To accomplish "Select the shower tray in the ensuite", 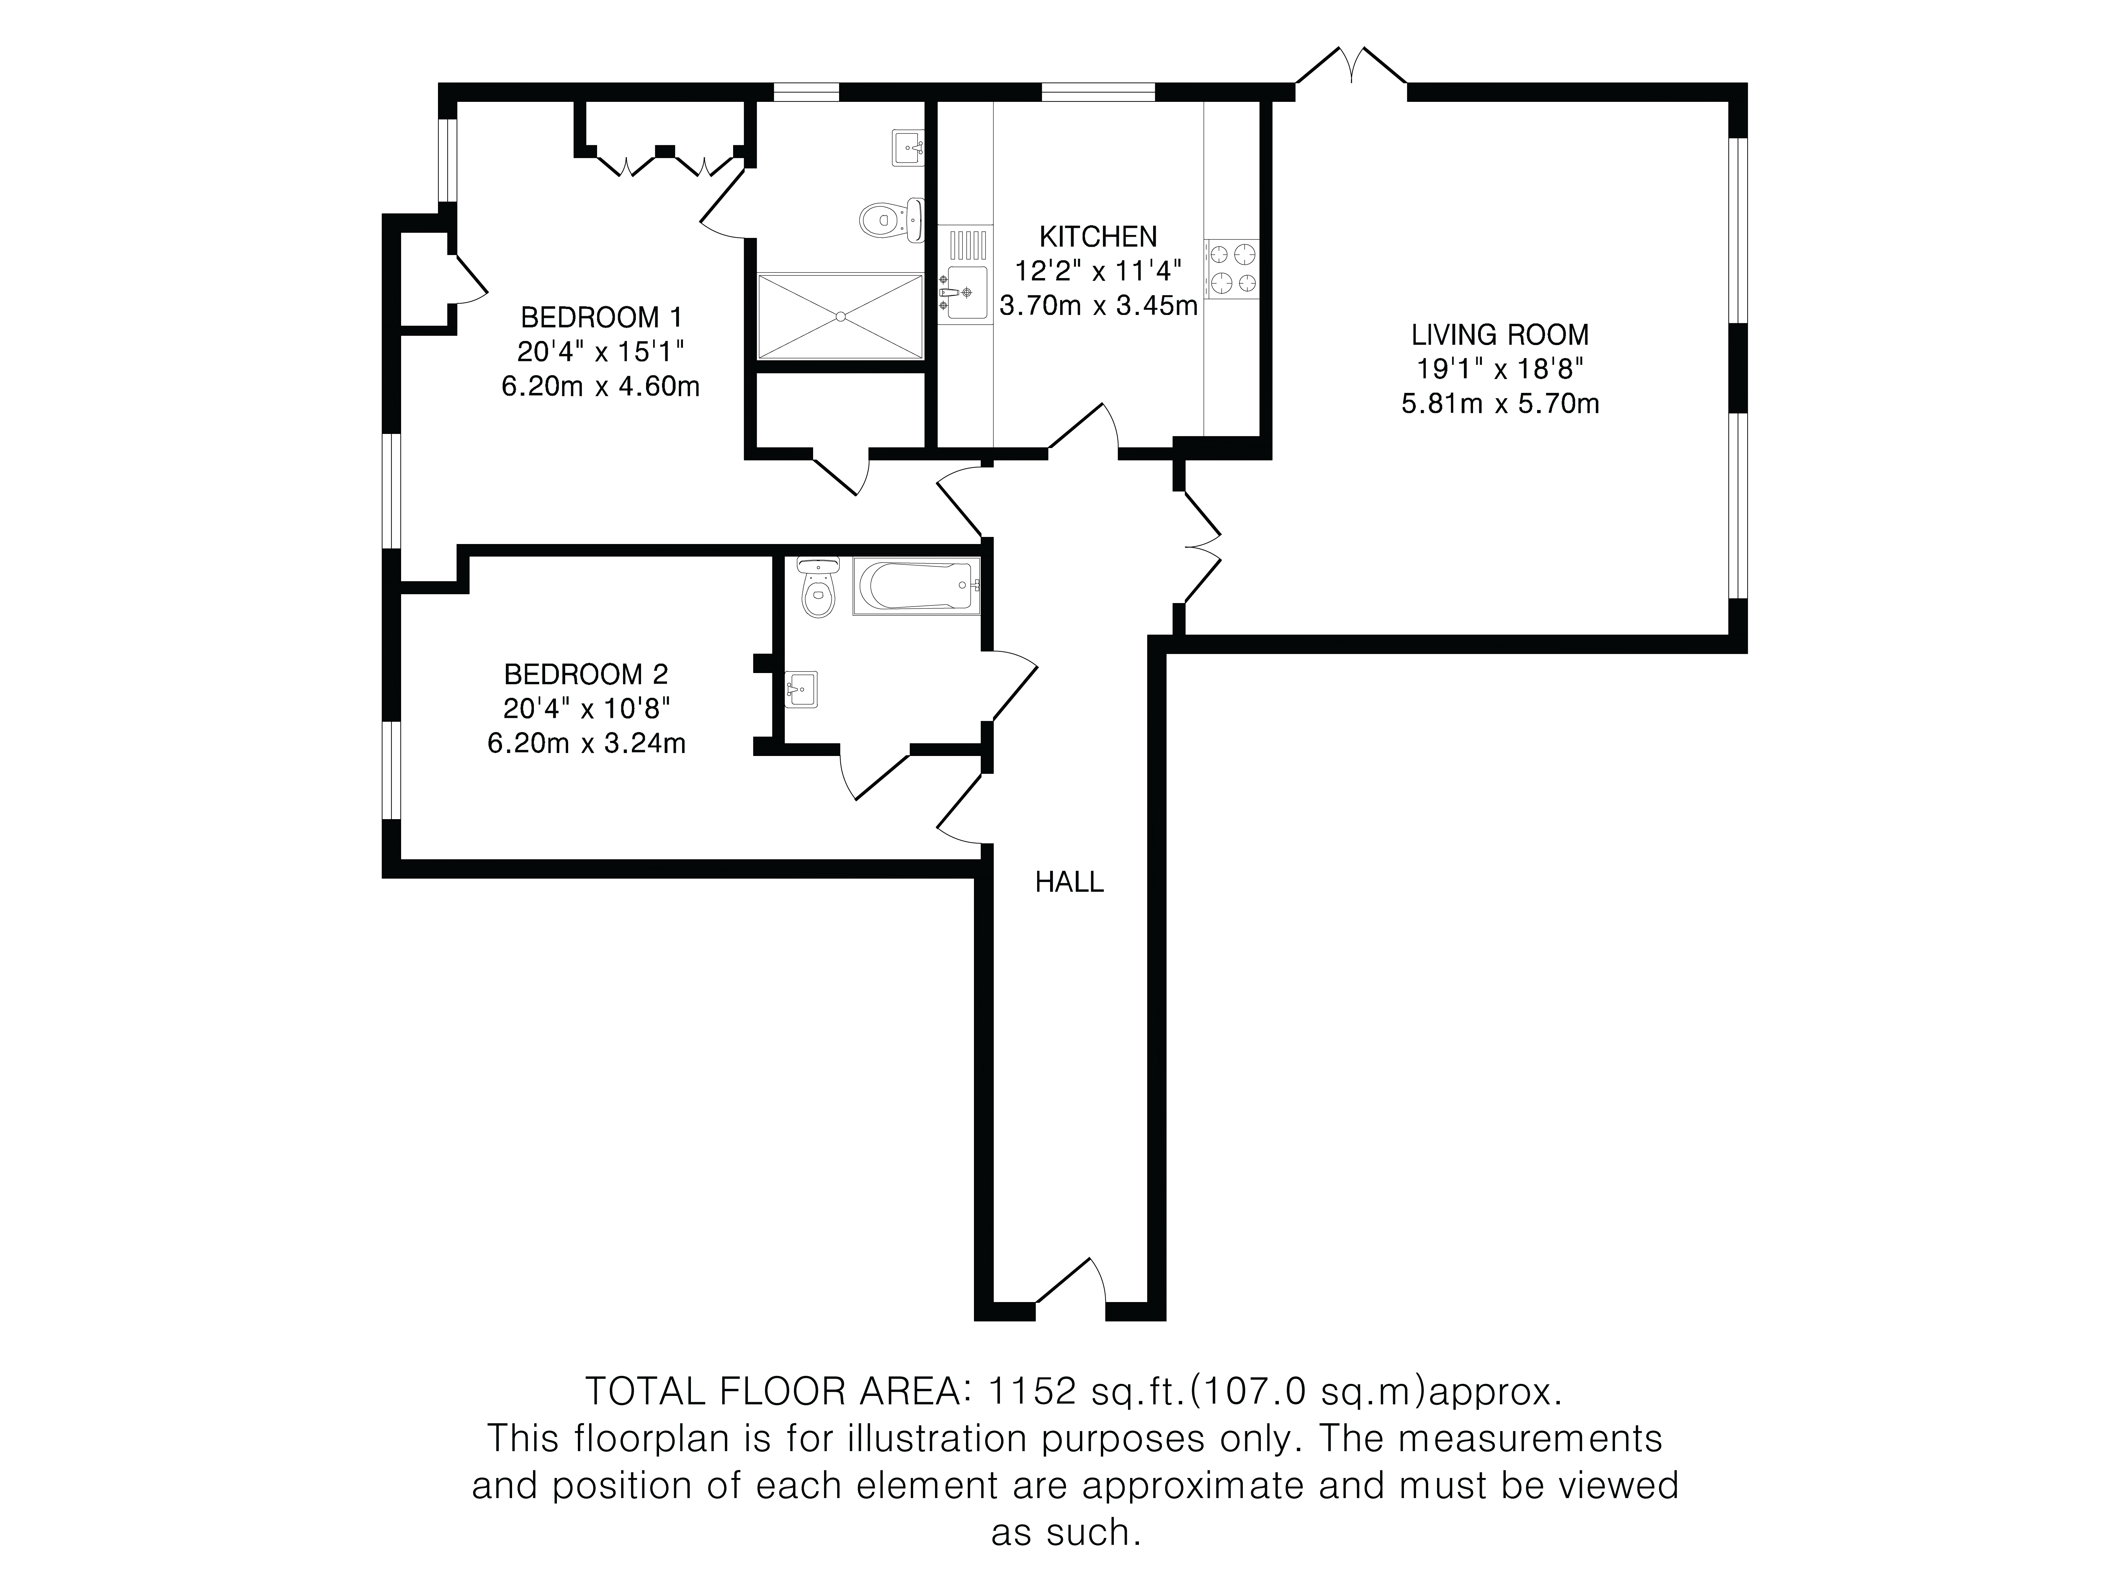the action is coord(840,316).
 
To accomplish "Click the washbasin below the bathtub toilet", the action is coord(801,689).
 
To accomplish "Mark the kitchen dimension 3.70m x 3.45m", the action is coord(1098,306).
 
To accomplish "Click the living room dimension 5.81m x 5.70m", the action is coord(1500,404).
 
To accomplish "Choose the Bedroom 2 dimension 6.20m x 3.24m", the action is coord(586,743).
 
